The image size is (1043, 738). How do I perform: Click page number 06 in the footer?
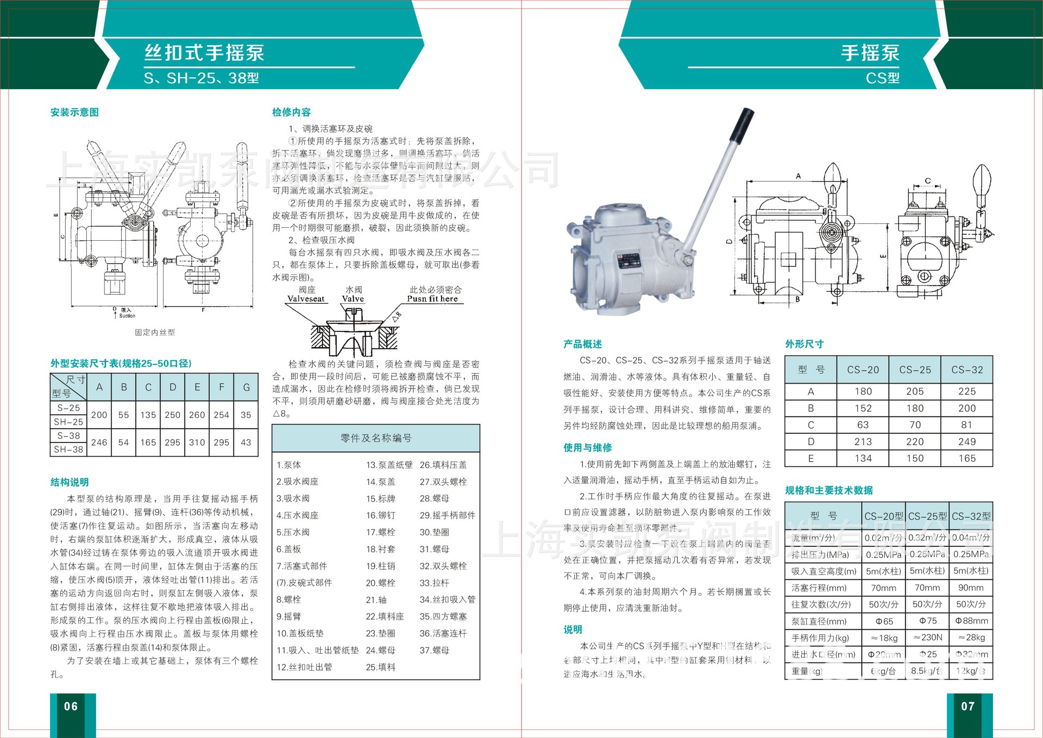pos(71,706)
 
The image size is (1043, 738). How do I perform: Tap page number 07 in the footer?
pos(967,706)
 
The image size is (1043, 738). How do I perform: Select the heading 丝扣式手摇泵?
pos(204,53)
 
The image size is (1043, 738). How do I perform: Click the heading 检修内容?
pos(291,112)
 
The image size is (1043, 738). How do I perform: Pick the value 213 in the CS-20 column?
pos(863,442)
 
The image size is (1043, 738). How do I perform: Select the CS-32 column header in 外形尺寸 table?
pos(967,370)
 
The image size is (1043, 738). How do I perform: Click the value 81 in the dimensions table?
pos(967,425)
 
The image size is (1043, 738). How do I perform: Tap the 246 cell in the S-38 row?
pos(99,442)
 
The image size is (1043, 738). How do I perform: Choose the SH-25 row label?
pos(68,422)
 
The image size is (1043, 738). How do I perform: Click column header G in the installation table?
pos(246,387)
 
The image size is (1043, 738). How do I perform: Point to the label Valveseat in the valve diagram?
pos(306,299)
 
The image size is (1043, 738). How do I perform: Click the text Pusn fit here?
pos(432,299)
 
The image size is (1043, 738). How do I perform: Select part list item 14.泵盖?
pos(380,482)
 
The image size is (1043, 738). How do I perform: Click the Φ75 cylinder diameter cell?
pos(927,621)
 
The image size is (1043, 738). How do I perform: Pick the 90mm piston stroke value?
pos(971,588)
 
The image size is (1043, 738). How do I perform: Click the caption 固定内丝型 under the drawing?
pos(155,332)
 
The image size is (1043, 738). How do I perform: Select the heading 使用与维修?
pos(587,448)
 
